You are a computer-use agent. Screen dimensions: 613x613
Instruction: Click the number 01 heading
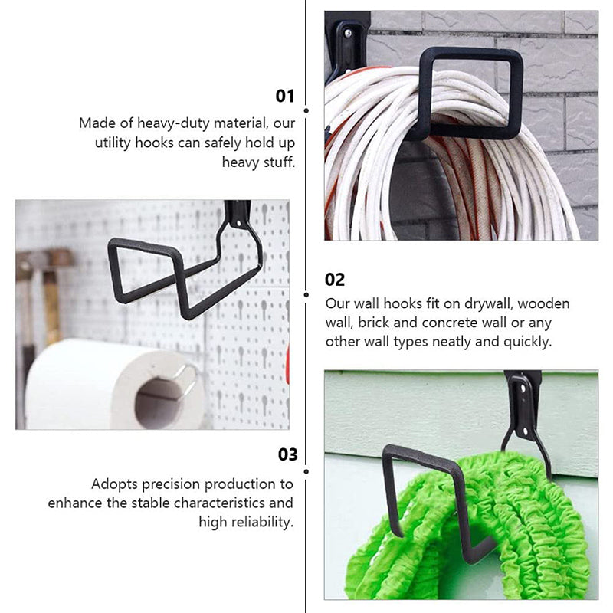click(284, 97)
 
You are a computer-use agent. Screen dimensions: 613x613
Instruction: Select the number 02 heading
click(335, 280)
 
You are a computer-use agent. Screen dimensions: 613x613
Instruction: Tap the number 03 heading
click(288, 454)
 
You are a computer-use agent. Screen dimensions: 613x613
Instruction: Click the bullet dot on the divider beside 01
click(306, 111)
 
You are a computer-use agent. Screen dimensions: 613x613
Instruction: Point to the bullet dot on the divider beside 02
click(306, 295)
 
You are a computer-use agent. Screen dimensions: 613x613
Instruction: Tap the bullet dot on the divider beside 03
click(306, 472)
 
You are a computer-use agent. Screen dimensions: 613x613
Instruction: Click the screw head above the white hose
click(348, 34)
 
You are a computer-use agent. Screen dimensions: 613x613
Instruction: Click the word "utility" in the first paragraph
click(113, 143)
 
